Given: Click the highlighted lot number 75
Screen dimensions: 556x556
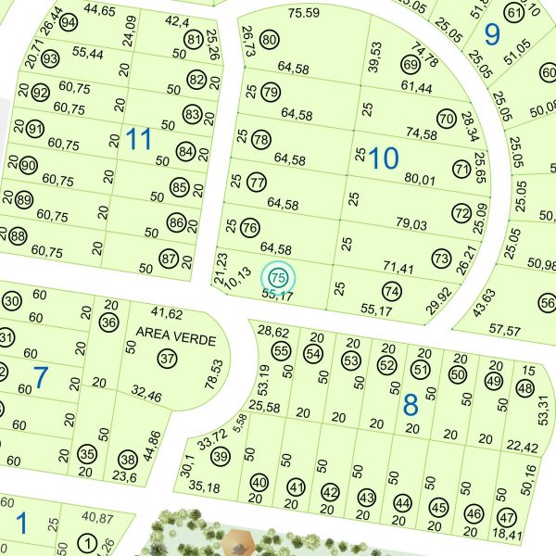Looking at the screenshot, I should tap(278, 276).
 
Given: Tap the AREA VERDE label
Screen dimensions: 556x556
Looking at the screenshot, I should tap(168, 331).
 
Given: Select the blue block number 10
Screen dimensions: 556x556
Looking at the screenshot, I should tap(383, 158).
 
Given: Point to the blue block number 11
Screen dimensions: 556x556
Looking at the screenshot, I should tap(138, 140).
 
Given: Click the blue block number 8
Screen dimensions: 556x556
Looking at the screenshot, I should tap(411, 404).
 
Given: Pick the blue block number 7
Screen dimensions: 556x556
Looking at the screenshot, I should tap(40, 377).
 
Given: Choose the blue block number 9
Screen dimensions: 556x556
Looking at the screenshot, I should tap(492, 34).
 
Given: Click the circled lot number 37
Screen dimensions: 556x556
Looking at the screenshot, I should tap(167, 358).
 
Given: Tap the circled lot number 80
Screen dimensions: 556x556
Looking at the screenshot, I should tap(270, 40).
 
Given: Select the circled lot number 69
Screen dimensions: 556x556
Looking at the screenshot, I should tap(411, 65).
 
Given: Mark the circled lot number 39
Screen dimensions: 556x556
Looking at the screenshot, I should tap(220, 456).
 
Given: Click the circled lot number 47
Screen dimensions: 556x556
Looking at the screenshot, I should tap(506, 517).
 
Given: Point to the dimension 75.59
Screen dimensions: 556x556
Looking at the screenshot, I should tap(303, 13).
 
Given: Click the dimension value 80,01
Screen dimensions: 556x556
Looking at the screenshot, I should tap(420, 179).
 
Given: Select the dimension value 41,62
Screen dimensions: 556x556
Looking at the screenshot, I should tap(167, 314).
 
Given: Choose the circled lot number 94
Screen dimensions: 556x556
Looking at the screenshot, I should tap(68, 23).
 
